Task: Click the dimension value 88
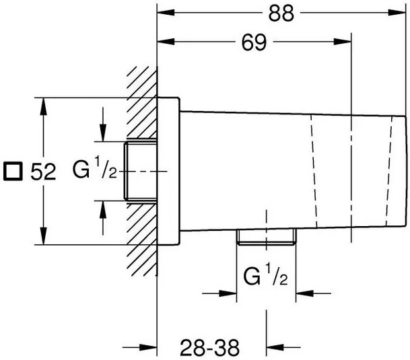281,13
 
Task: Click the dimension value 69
254,42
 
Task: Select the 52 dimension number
43,172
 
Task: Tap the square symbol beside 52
13,171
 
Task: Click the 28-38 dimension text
209,347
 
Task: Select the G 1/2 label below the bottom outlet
266,275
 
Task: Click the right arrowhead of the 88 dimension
397,12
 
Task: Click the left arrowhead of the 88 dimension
166,12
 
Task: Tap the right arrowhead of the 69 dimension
342,42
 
